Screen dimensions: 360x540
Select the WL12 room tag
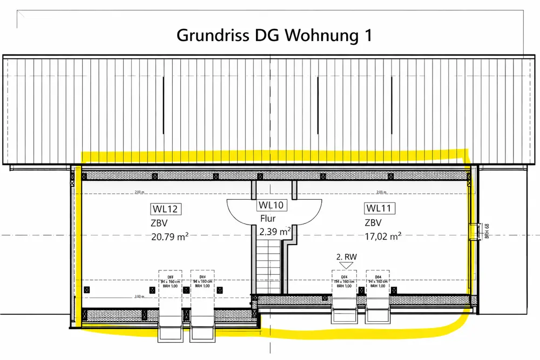tap(165, 209)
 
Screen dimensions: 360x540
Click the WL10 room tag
tap(272, 205)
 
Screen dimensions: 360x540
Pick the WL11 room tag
tap(381, 208)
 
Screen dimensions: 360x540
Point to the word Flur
tap(268, 219)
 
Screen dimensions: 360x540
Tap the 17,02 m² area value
tap(383, 236)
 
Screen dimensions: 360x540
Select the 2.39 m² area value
tap(275, 232)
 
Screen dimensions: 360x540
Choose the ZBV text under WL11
tap(373, 222)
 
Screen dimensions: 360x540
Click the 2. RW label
tap(347, 257)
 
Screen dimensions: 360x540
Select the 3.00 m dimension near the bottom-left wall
tap(139, 297)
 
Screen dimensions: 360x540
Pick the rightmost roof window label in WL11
tap(378, 282)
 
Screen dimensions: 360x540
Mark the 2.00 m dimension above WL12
tap(139, 192)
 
